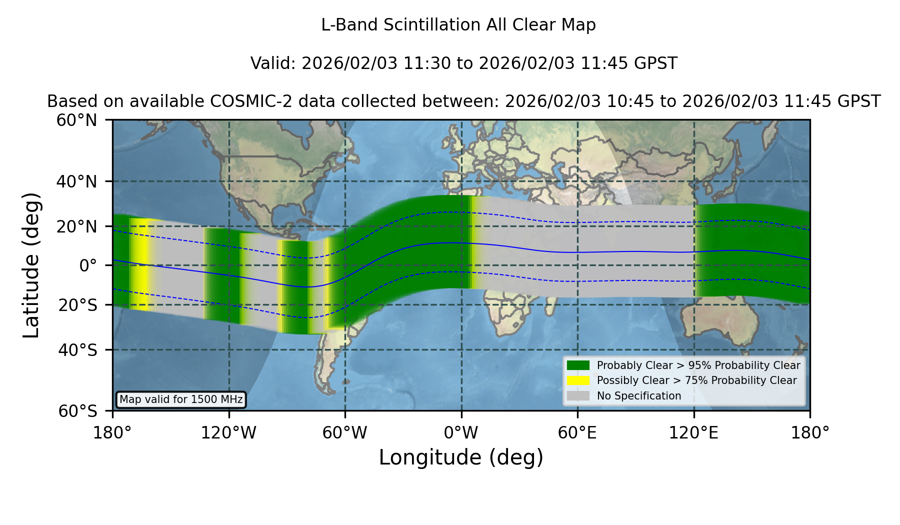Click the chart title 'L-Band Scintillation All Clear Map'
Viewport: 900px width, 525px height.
point(458,25)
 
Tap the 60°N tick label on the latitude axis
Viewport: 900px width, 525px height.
point(76,120)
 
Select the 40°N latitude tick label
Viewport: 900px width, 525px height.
point(76,181)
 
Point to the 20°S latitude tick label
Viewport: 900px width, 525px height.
point(77,305)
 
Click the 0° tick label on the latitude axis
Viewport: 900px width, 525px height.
point(88,265)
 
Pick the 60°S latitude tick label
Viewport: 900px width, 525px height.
point(77,411)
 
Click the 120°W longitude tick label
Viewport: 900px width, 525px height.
point(228,432)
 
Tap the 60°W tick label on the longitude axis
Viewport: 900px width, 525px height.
point(345,432)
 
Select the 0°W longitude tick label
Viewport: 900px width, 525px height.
point(461,432)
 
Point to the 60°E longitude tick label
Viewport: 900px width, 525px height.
point(577,432)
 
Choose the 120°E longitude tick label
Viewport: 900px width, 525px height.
point(693,432)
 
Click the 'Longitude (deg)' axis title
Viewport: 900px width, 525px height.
point(461,457)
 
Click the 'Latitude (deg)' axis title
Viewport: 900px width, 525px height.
point(31,265)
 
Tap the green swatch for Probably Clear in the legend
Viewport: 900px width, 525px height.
point(578,365)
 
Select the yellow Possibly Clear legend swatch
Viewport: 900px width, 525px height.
point(578,380)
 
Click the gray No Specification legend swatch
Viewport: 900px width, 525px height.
point(578,396)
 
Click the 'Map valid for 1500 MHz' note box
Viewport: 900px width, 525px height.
point(181,399)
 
